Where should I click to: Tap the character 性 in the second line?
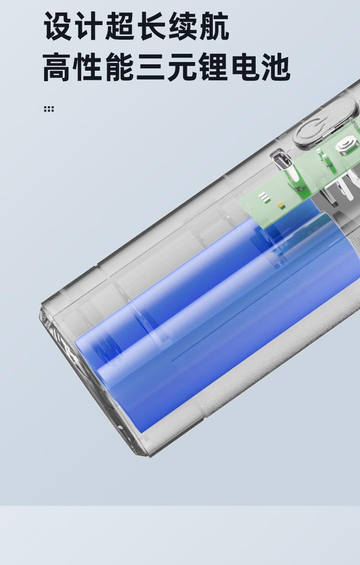(88, 67)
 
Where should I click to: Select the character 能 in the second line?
(120, 67)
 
